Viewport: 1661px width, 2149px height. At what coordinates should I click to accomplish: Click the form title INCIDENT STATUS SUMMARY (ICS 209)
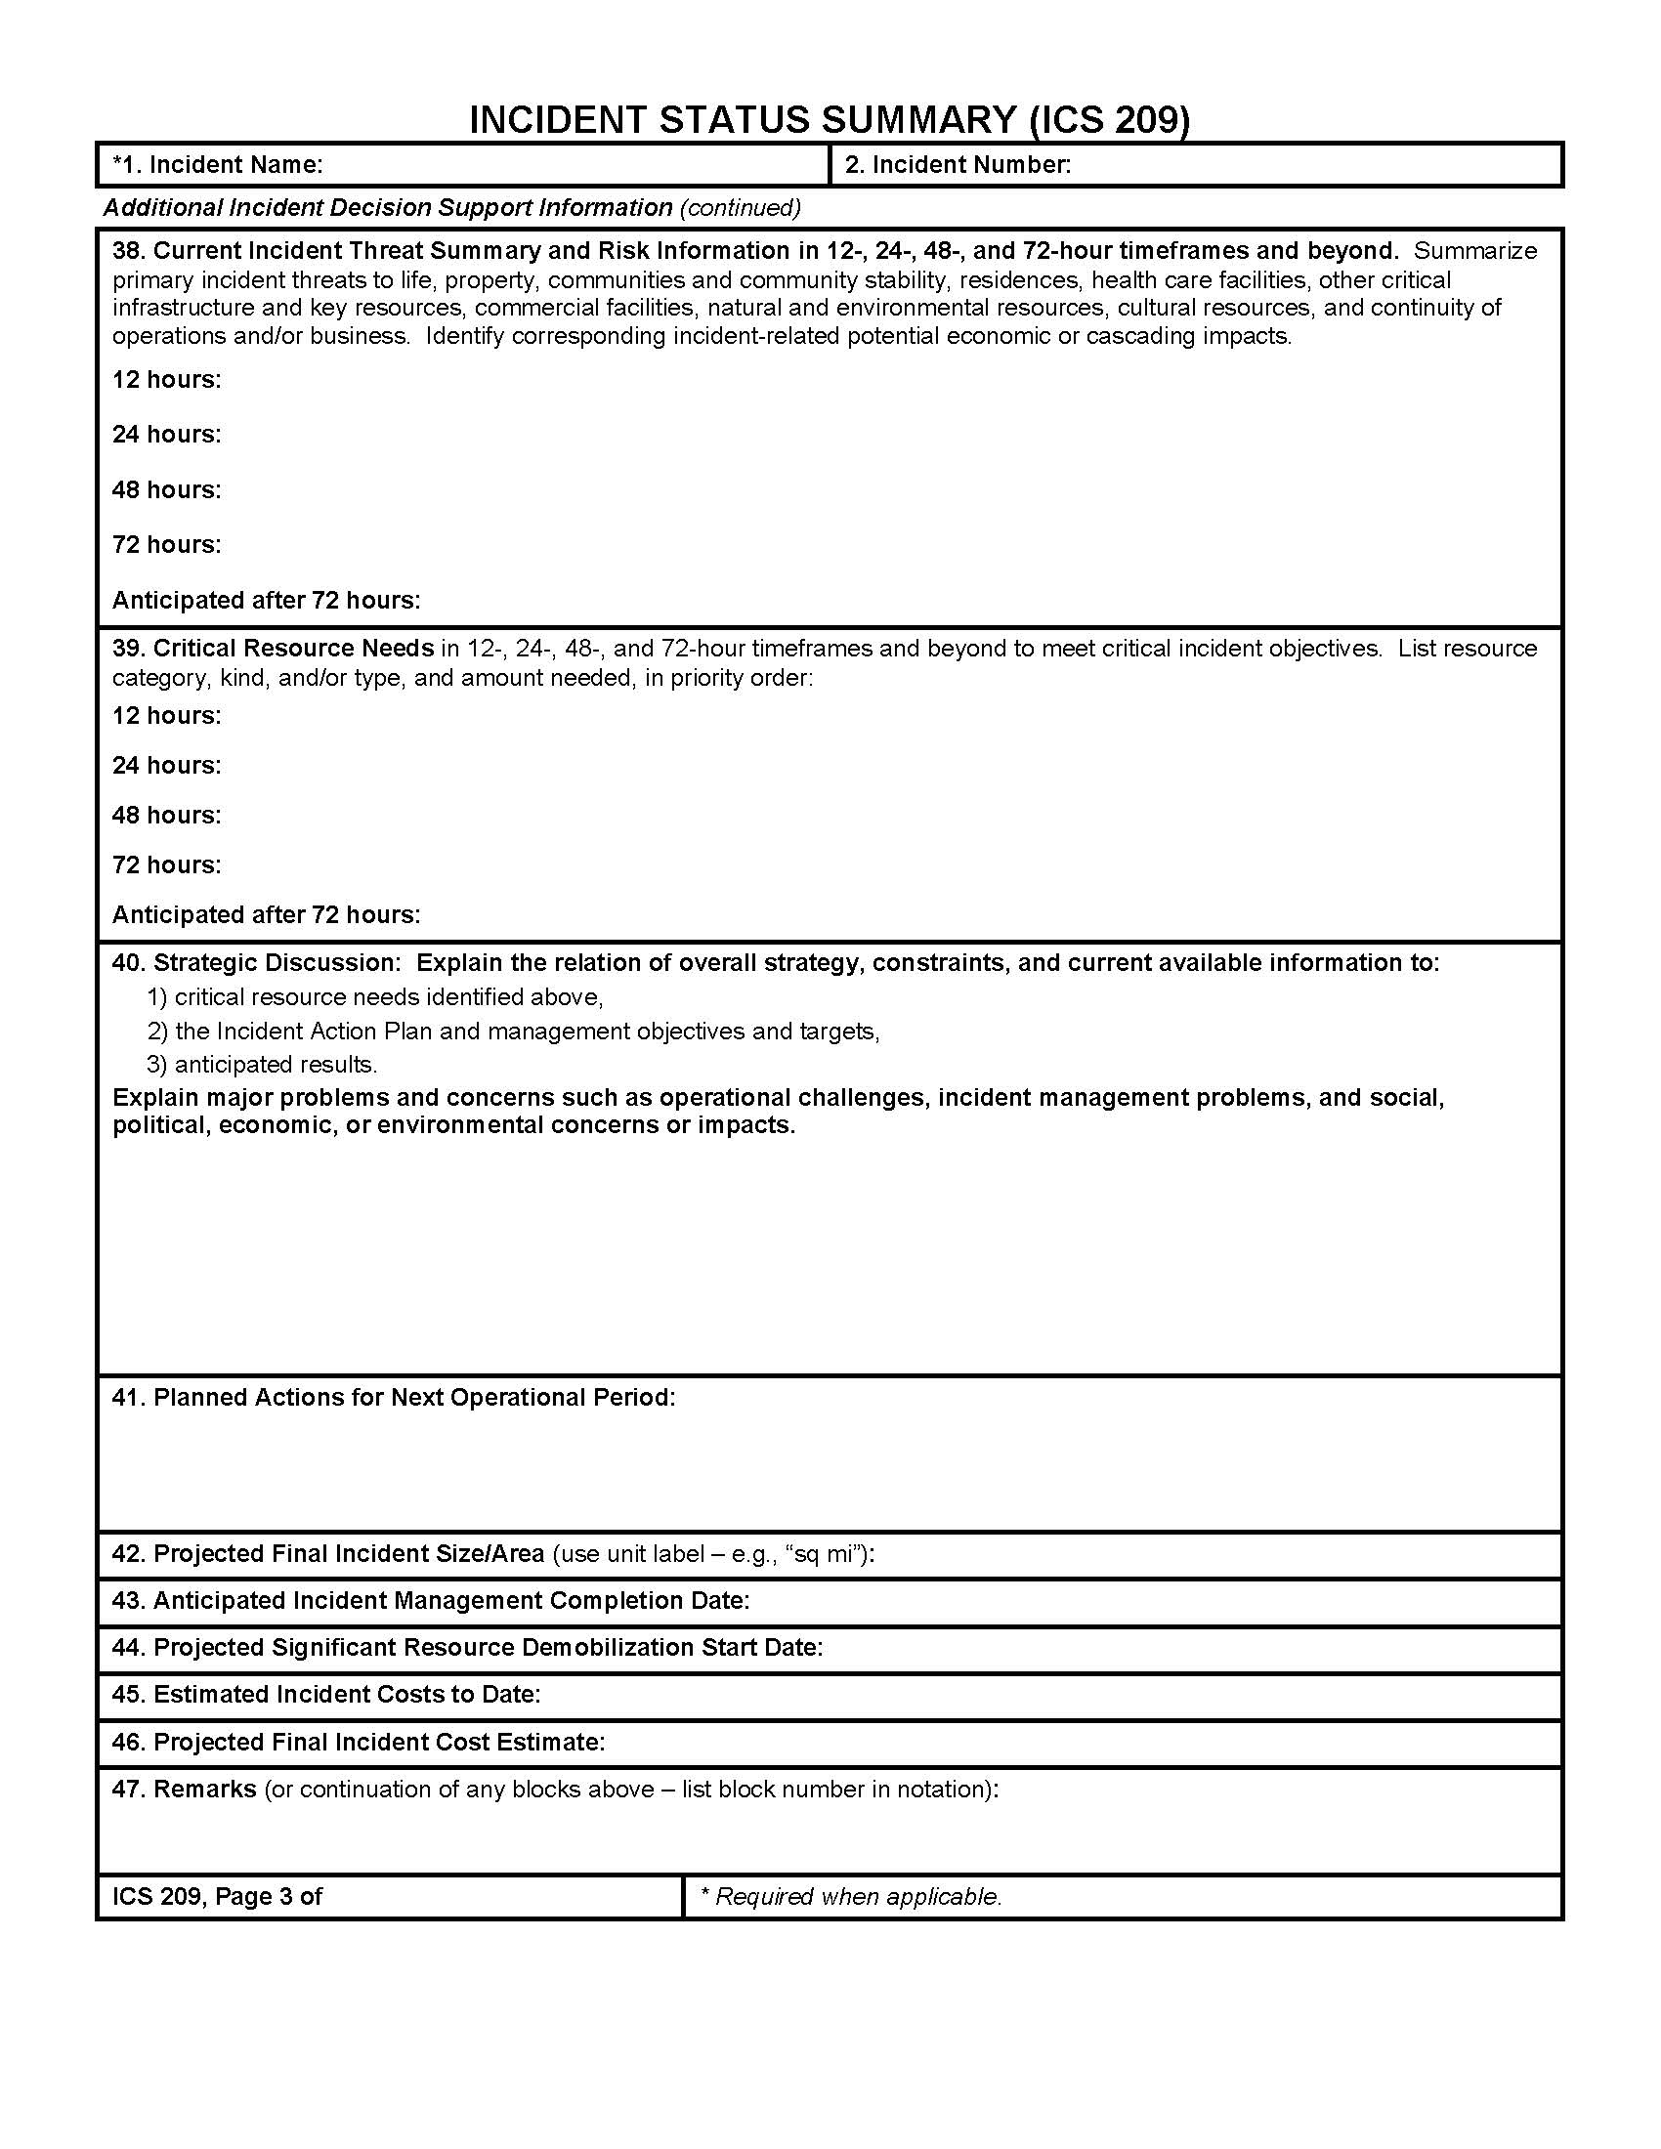point(830,120)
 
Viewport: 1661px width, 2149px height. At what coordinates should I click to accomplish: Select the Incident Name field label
point(218,165)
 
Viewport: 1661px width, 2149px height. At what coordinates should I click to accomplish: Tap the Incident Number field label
point(958,165)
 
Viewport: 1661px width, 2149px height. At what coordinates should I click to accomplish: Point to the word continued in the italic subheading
point(740,208)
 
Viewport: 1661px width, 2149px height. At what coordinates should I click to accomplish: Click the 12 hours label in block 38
point(166,380)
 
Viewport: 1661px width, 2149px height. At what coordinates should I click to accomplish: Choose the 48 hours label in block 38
point(166,490)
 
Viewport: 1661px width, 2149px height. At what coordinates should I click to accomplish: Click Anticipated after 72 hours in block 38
point(266,600)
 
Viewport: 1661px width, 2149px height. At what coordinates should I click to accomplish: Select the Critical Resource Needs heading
point(293,649)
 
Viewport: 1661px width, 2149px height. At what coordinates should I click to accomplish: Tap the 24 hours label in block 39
point(166,766)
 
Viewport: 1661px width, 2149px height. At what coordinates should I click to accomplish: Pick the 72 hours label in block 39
point(166,864)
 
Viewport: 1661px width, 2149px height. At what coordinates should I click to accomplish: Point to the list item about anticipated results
point(263,1065)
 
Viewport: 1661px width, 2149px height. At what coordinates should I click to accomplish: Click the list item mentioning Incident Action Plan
point(514,1032)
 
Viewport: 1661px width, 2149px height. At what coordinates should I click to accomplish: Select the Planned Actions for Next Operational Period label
point(394,1397)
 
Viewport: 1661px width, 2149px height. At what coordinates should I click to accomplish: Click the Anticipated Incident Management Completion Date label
point(431,1601)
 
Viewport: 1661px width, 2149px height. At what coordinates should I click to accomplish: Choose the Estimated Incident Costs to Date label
point(326,1695)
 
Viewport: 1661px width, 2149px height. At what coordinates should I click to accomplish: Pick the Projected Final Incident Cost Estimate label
point(359,1743)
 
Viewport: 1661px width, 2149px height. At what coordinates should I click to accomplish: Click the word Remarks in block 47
point(204,1790)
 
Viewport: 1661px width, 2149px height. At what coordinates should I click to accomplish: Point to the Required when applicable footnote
point(851,1897)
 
